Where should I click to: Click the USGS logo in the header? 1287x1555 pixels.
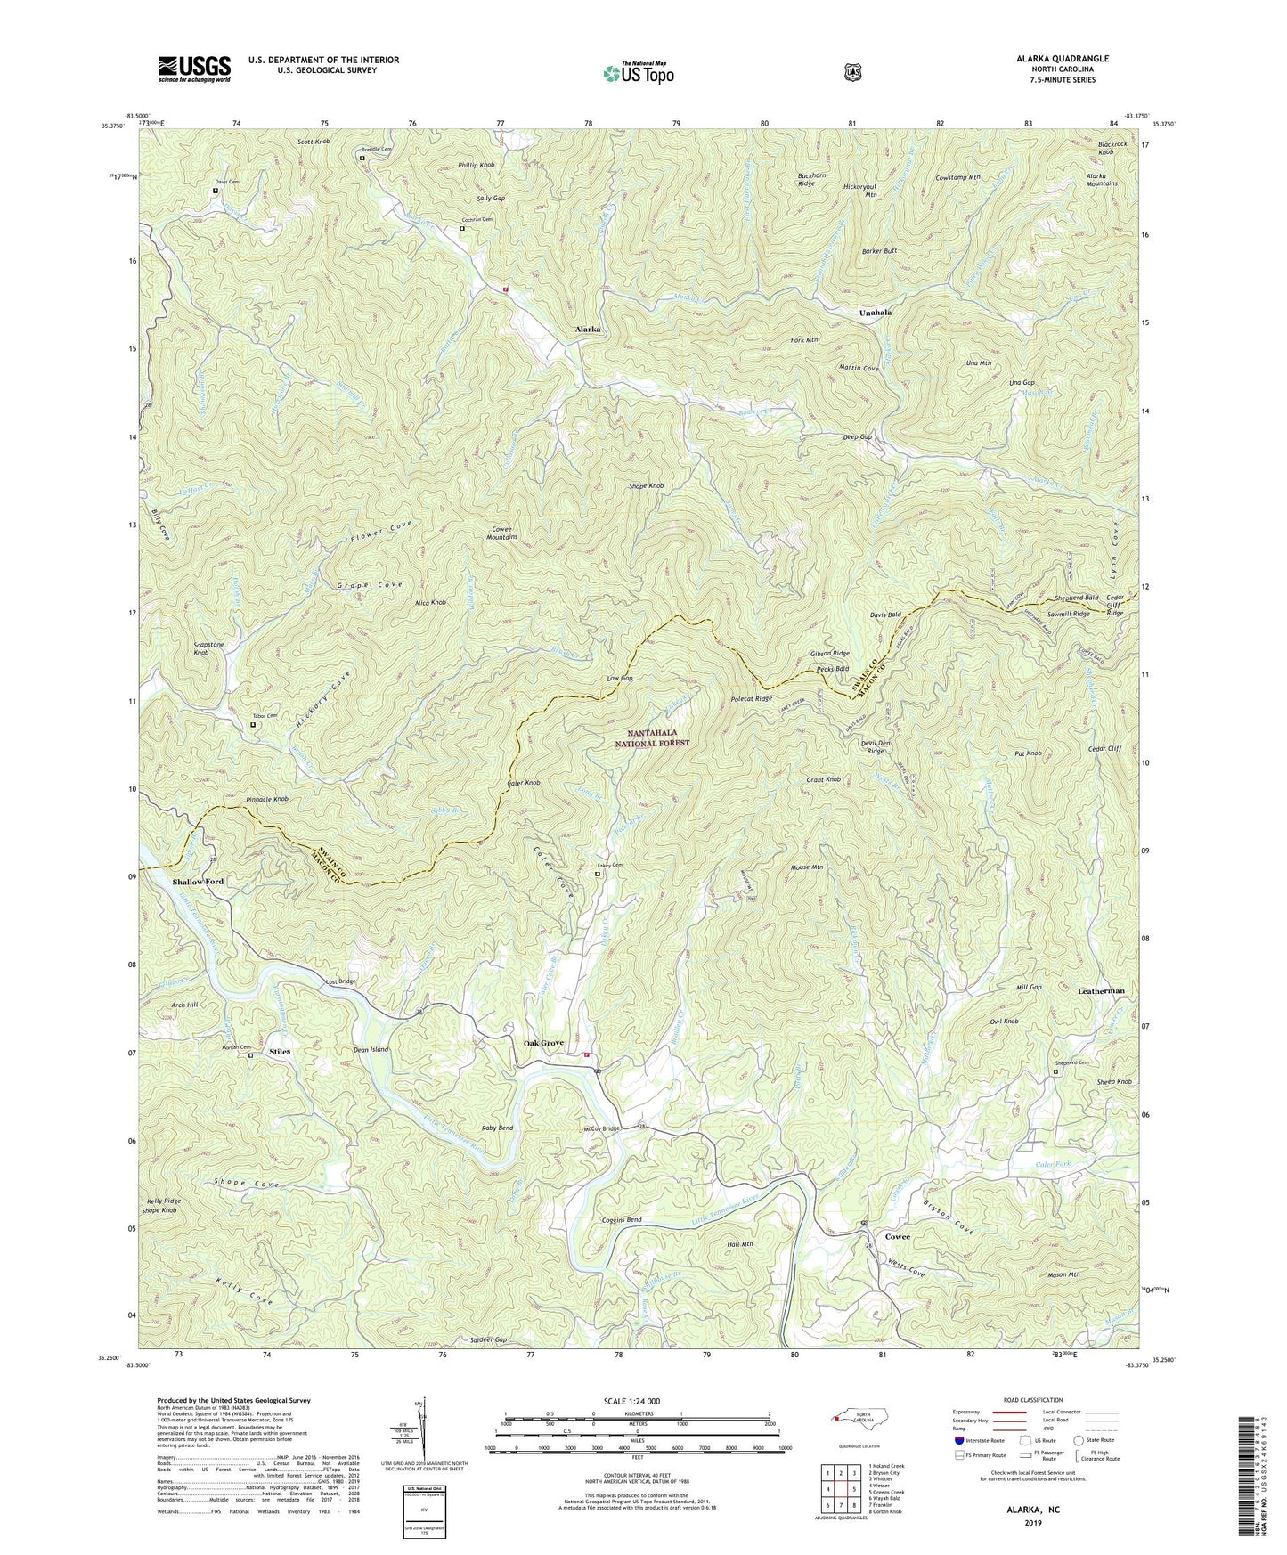(194, 68)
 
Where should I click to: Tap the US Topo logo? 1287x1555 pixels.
(637, 72)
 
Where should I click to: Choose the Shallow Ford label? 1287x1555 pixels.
(197, 882)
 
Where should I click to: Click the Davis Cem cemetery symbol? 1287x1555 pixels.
(216, 191)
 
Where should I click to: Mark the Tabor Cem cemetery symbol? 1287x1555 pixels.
(252, 725)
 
